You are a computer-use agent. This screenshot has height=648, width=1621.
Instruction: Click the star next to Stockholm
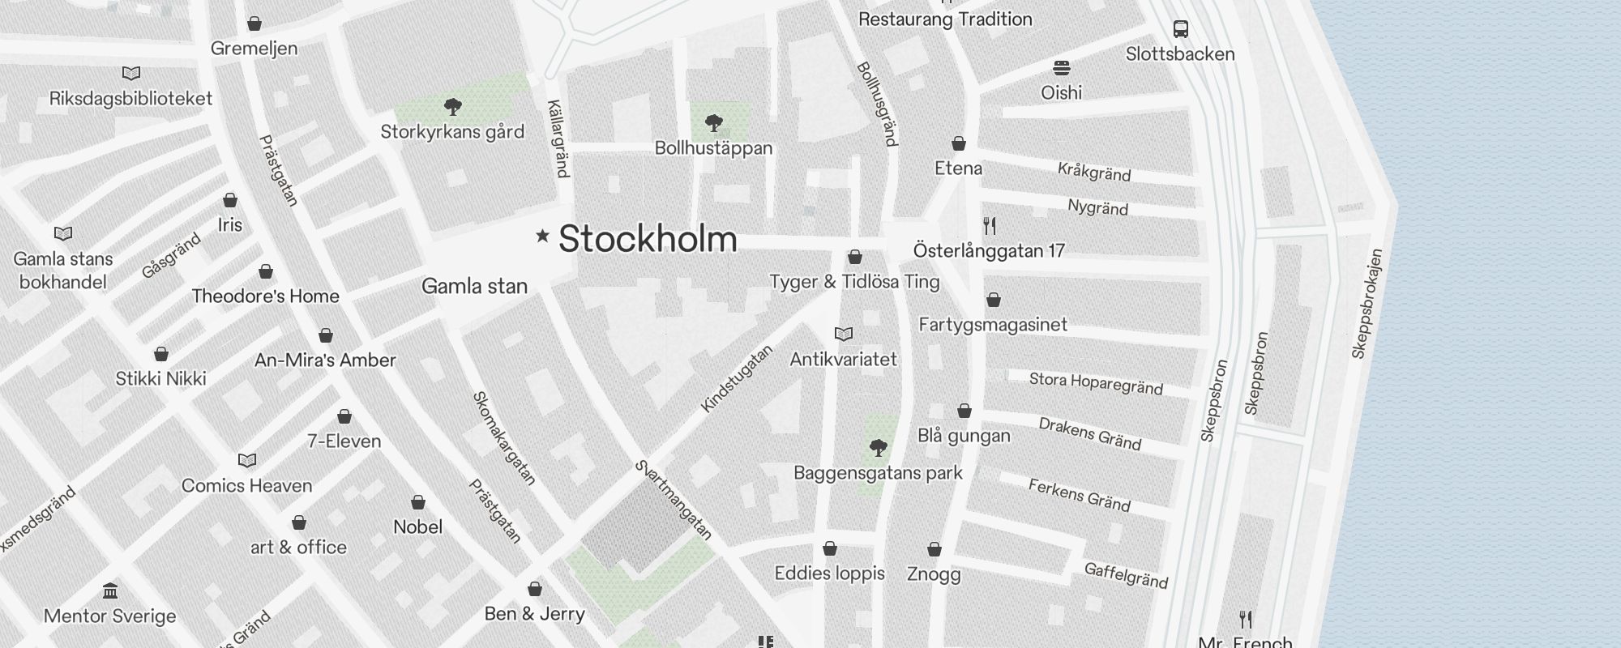[542, 236]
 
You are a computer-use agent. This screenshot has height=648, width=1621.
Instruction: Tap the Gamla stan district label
[474, 286]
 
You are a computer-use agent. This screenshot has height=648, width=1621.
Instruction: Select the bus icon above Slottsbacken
[1181, 29]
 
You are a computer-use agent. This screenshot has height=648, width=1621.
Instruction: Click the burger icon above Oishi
[1062, 67]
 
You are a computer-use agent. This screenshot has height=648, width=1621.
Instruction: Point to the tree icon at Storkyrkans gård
[453, 106]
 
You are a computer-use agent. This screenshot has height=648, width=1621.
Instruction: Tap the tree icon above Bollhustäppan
[713, 123]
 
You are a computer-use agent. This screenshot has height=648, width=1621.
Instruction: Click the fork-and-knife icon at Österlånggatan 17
[989, 225]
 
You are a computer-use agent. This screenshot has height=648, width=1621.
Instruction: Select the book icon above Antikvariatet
[844, 334]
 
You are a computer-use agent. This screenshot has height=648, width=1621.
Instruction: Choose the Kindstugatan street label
[737, 378]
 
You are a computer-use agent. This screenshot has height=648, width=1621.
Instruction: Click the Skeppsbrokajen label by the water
[1367, 304]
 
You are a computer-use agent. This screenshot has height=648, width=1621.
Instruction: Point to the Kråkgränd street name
[1093, 172]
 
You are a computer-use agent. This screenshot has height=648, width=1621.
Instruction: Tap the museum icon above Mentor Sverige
[110, 590]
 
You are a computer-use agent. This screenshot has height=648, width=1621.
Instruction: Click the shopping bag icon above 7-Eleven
[344, 416]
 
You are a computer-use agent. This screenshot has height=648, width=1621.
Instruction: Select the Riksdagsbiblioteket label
[130, 99]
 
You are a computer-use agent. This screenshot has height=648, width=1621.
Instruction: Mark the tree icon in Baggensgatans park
[878, 447]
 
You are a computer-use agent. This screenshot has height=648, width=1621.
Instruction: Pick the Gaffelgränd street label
[1126, 575]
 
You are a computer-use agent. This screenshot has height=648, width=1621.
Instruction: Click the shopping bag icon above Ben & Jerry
[535, 588]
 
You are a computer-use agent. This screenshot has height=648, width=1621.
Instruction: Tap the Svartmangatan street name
[674, 500]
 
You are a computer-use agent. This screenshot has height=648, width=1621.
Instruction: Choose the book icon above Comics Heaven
[247, 460]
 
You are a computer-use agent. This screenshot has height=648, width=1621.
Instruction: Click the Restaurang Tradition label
[945, 19]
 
